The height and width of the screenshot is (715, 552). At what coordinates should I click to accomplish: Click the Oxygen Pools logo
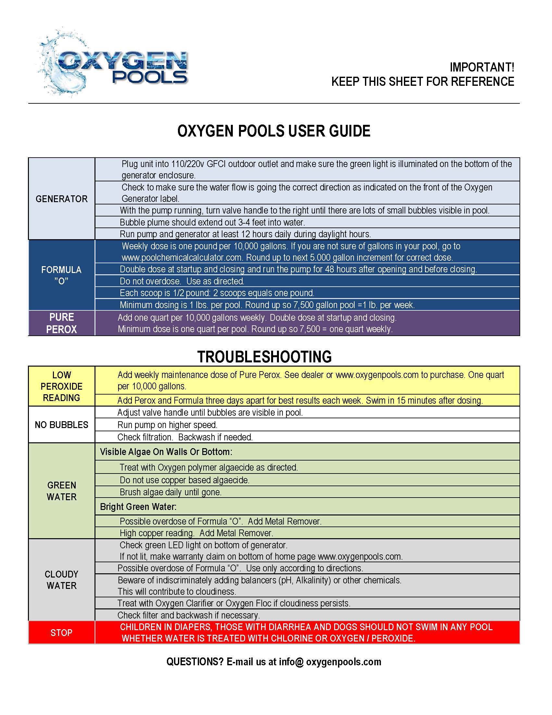pyautogui.click(x=113, y=64)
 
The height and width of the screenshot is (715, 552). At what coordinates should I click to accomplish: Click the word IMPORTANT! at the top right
pyautogui.click(x=482, y=68)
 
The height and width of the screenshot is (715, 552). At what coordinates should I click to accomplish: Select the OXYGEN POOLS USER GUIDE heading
pyautogui.click(x=274, y=131)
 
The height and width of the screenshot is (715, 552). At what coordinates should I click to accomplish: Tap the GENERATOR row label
pyautogui.click(x=61, y=199)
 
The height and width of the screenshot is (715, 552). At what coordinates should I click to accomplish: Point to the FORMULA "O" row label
pyautogui.click(x=61, y=275)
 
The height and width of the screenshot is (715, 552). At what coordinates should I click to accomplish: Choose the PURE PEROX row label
pyautogui.click(x=61, y=323)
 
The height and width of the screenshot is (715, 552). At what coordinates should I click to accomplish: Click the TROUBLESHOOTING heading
pyautogui.click(x=264, y=357)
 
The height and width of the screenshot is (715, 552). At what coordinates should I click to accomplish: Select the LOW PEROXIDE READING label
pyautogui.click(x=61, y=386)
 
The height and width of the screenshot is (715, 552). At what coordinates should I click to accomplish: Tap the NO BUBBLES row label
pyautogui.click(x=61, y=425)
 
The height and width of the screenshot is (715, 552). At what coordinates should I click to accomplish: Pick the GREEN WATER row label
pyautogui.click(x=61, y=491)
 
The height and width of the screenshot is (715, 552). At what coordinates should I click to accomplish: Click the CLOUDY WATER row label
pyautogui.click(x=61, y=580)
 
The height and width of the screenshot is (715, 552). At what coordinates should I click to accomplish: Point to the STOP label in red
pyautogui.click(x=61, y=632)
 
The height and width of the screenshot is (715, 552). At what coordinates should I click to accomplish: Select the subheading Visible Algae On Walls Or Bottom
pyautogui.click(x=166, y=452)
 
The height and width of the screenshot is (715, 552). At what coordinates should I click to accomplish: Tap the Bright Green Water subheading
pyautogui.click(x=138, y=507)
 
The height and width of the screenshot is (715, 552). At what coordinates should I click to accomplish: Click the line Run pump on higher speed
pyautogui.click(x=168, y=425)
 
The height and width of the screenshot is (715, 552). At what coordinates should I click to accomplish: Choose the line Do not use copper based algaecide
pyautogui.click(x=184, y=480)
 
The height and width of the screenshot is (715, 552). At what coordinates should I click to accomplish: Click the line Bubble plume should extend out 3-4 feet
pyautogui.click(x=212, y=222)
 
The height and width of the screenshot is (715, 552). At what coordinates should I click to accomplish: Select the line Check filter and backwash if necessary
pyautogui.click(x=189, y=615)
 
